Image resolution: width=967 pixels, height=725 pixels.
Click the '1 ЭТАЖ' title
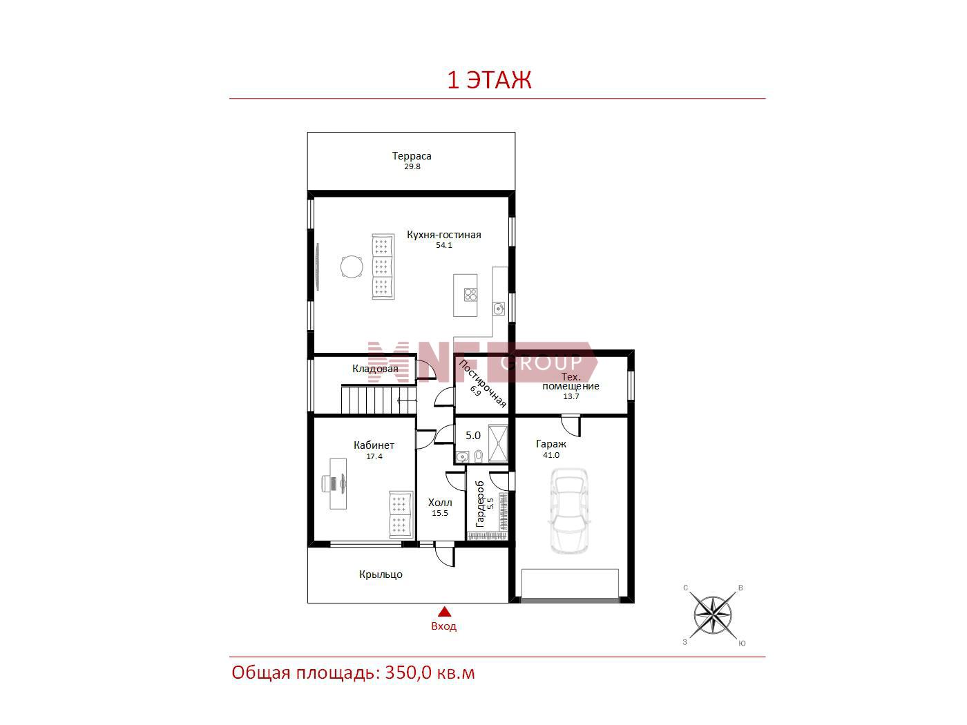pyautogui.click(x=489, y=80)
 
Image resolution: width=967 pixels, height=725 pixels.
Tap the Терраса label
pyautogui.click(x=412, y=156)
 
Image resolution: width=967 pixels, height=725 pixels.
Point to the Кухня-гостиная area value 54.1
pyautogui.click(x=443, y=245)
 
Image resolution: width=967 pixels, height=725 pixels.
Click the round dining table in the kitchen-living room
pyautogui.click(x=352, y=267)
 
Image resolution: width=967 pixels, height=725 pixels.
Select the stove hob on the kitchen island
pyautogui.click(x=470, y=295)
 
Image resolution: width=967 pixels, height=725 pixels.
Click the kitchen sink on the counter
pyautogui.click(x=498, y=309)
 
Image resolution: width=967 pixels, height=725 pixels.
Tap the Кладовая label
pyautogui.click(x=375, y=369)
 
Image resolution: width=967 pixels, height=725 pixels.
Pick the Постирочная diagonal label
pyautogui.click(x=482, y=383)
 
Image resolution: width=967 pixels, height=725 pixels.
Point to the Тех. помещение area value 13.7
pyautogui.click(x=571, y=396)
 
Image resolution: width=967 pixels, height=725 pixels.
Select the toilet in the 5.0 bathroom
pyautogui.click(x=479, y=456)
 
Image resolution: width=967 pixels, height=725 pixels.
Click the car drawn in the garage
pyautogui.click(x=569, y=511)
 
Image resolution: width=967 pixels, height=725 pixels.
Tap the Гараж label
pyautogui.click(x=550, y=444)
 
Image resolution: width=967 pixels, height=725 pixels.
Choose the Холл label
pyautogui.click(x=440, y=502)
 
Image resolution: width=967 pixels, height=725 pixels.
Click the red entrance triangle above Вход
pyautogui.click(x=445, y=612)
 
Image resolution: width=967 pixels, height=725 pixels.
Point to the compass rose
pyautogui.click(x=712, y=615)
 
